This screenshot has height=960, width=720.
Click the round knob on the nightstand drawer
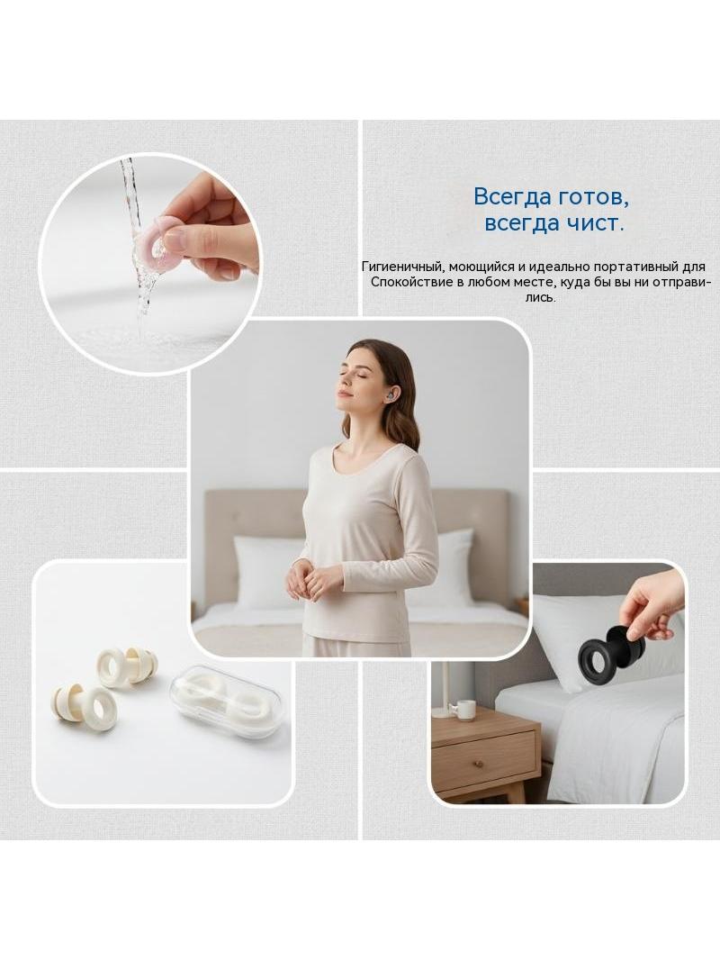pyautogui.click(x=479, y=763)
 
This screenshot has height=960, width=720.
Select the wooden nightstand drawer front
pyautogui.click(x=483, y=757)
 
